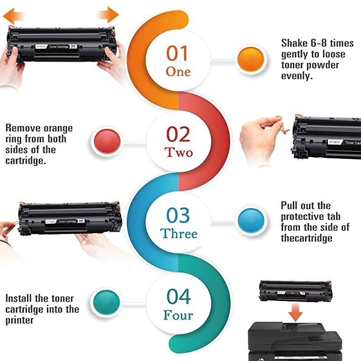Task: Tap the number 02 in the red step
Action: point(178,134)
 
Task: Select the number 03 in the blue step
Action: point(178,216)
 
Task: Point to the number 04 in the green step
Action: point(179,296)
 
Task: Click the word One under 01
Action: point(178,71)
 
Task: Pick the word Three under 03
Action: point(179,234)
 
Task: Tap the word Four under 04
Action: point(179,315)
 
